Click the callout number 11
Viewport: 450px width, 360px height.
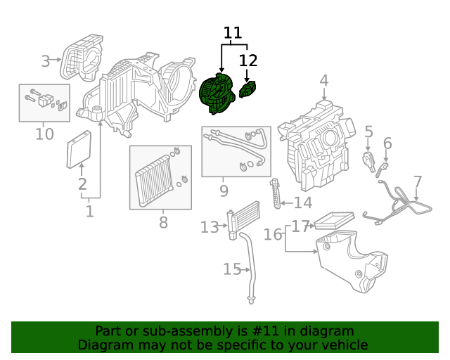point(233,33)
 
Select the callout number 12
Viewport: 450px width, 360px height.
point(248,60)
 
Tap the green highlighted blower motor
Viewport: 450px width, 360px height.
point(219,95)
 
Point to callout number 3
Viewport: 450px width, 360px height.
point(46,61)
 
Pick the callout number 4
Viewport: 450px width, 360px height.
point(323,81)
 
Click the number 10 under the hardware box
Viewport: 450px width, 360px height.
point(44,134)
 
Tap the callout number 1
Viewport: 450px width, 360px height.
point(89,211)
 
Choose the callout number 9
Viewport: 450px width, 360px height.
point(224,190)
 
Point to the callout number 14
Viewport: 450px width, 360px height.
point(302,203)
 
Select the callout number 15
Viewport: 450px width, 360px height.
point(232,269)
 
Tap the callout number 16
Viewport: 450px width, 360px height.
point(273,234)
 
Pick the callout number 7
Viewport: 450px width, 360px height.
point(418,182)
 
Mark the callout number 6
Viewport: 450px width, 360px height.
point(387,144)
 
